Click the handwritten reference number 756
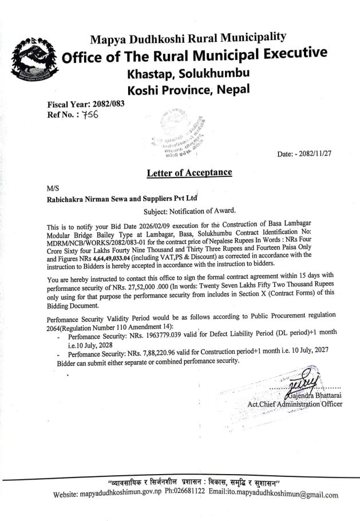(x=90, y=114)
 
